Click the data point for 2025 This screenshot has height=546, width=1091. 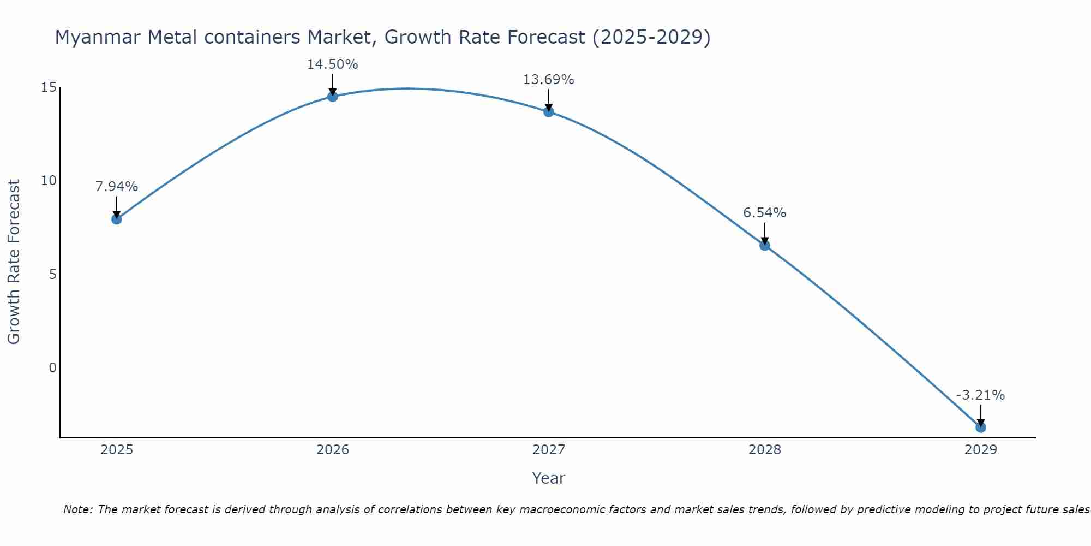pos(116,219)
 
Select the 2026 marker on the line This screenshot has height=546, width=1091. pos(333,97)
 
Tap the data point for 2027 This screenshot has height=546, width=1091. pos(549,111)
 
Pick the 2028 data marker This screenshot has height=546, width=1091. pos(765,245)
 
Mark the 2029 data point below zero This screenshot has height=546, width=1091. pos(981,427)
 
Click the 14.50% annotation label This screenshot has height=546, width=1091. pos(332,64)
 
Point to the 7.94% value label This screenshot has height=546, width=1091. pos(116,187)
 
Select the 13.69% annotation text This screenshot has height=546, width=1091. pos(548,80)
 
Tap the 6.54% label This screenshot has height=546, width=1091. pos(764,213)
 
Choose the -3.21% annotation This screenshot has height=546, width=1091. pos(980,395)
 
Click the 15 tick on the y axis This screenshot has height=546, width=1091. pos(49,87)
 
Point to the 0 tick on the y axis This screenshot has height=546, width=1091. pos(52,367)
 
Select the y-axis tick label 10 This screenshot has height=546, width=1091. pos(49,181)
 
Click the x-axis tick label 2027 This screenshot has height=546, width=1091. pos(549,450)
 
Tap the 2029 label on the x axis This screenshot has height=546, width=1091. pos(981,450)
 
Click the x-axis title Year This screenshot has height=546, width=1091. pos(548,478)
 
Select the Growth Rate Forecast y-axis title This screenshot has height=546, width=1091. pos(14,262)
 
